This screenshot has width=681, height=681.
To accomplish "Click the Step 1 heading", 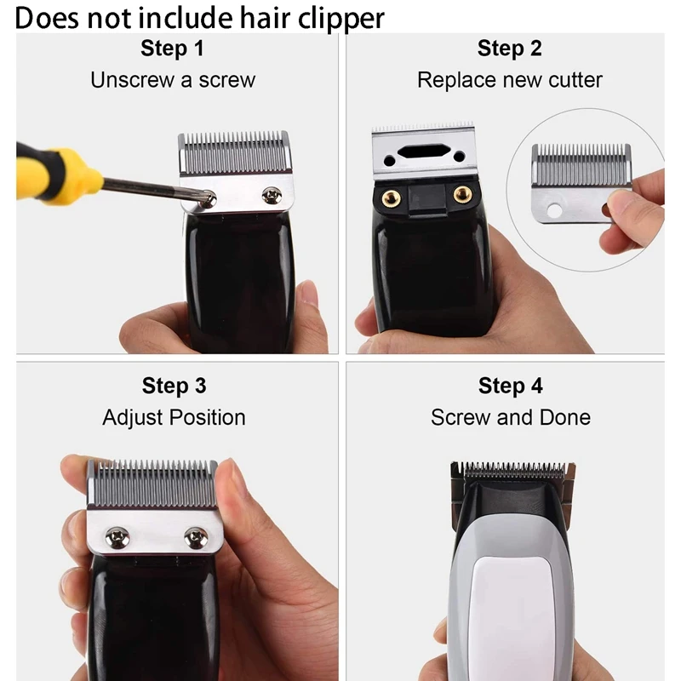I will [173, 49].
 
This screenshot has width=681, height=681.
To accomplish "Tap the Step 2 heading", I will [509, 49].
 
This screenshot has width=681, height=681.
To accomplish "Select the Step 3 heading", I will [174, 386].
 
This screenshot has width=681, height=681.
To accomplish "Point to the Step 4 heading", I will [510, 386].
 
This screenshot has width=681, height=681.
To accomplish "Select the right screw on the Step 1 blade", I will [272, 195].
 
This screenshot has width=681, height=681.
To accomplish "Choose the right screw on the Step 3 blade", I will [196, 536].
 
